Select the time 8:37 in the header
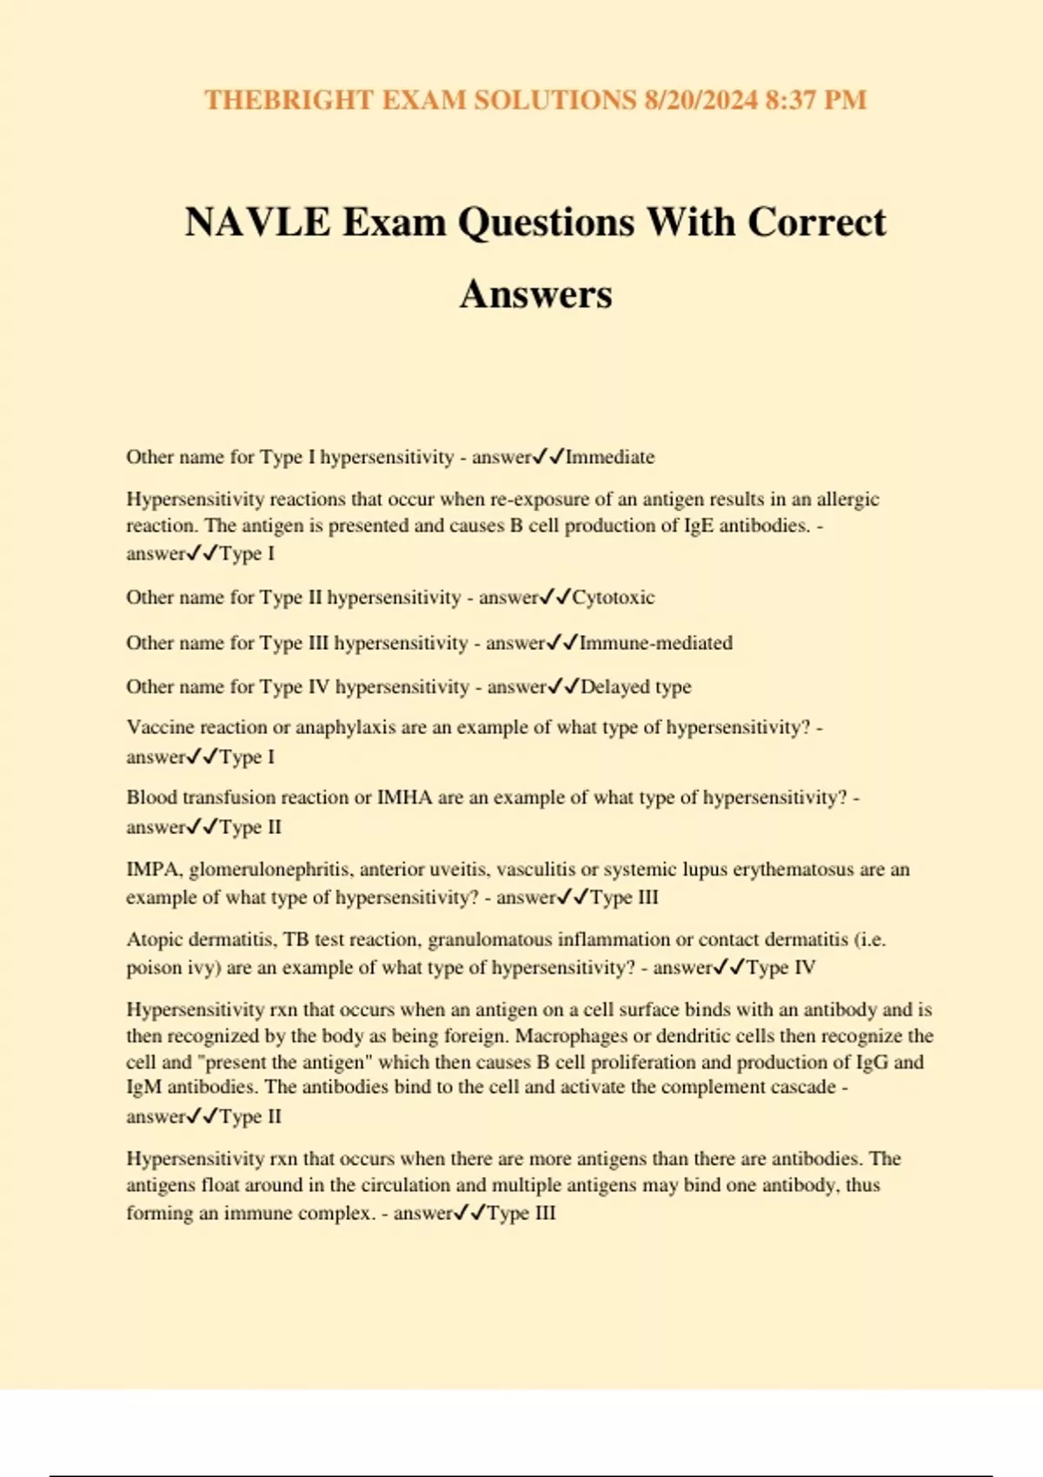point(790,100)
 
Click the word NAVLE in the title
point(258,222)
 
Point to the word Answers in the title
point(535,294)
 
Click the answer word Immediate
point(610,457)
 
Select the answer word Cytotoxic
point(614,598)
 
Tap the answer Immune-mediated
point(656,643)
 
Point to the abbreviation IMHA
point(404,798)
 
